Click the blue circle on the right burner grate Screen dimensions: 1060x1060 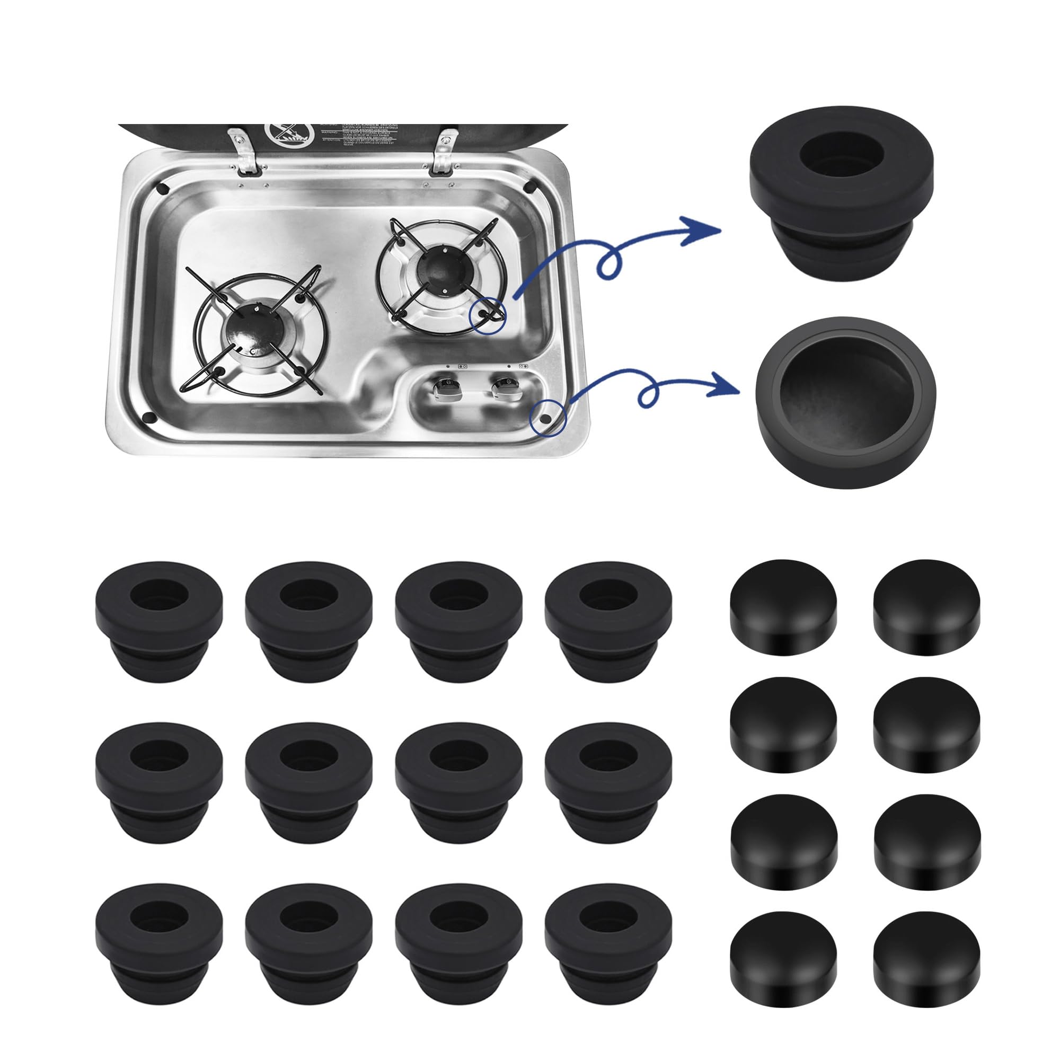(x=488, y=316)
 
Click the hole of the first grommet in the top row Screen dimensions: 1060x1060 (x=159, y=595)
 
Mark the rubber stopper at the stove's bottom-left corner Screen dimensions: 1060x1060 (x=148, y=417)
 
